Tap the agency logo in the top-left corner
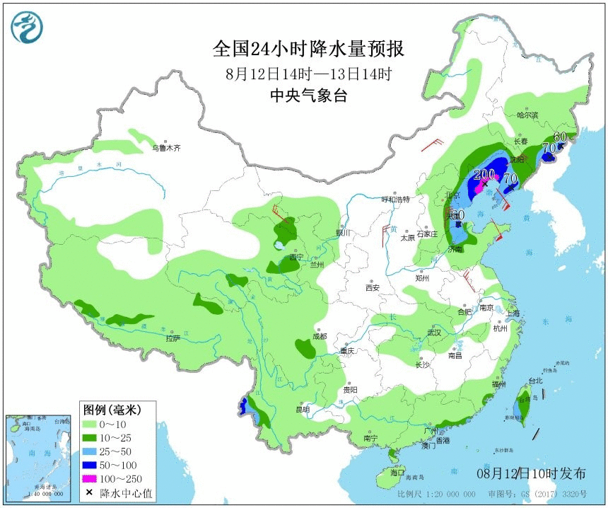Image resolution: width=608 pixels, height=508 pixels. (x=27, y=28)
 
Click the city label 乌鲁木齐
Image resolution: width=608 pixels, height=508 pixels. (x=167, y=149)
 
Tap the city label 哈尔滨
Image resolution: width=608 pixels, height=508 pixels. (x=527, y=115)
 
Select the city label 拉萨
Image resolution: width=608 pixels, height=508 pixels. (x=173, y=338)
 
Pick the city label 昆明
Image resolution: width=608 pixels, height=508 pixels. (x=303, y=410)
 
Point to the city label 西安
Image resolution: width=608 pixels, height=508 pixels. (x=373, y=287)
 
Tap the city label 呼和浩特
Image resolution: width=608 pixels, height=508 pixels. (x=396, y=200)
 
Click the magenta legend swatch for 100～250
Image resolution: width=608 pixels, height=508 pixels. (x=89, y=479)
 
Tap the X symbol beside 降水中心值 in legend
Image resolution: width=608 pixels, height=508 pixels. (x=89, y=493)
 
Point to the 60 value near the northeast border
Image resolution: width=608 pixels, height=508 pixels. (x=561, y=137)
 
